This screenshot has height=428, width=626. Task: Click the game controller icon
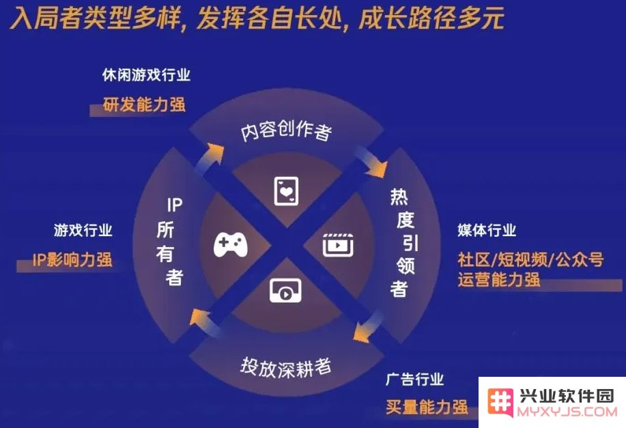pos(231,245)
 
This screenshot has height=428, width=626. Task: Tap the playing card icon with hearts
pos(286,191)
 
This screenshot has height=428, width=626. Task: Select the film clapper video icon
pos(338,245)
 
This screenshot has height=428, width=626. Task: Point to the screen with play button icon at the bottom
pos(285,291)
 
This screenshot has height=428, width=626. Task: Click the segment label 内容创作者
pos(286,130)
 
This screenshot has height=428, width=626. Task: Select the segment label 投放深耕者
pos(286,367)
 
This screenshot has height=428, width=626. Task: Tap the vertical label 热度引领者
pos(403,243)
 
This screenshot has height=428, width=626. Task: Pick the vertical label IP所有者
pos(171,242)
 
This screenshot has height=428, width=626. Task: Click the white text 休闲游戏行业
pos(146,74)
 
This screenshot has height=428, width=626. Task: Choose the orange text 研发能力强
pos(144,104)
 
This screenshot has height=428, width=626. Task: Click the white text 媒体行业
pos(487,230)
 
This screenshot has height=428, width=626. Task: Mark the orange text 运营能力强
pos(498,279)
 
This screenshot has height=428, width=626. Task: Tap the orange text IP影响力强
pos(72,259)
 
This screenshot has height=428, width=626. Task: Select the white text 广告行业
pos(414,379)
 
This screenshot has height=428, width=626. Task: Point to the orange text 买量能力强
pos(427,407)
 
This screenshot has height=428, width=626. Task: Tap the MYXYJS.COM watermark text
pos(567,412)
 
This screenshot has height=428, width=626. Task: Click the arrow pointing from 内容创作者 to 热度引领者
pos(371,162)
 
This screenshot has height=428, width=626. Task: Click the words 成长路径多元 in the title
pos(431,18)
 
